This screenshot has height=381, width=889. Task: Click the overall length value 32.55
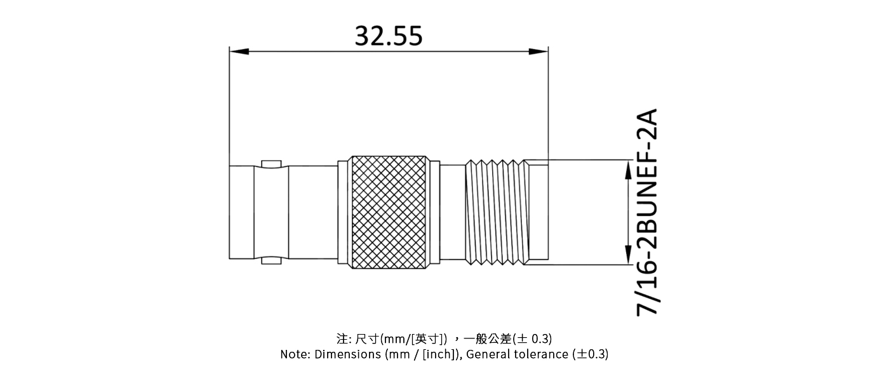(388, 36)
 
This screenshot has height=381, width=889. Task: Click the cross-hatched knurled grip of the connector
(389, 212)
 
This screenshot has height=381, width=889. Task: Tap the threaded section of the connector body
(497, 212)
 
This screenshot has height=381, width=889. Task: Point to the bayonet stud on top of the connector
(271, 163)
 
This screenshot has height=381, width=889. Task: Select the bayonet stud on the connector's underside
(271, 261)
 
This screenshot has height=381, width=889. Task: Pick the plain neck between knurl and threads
(452, 212)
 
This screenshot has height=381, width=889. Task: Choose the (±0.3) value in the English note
(590, 354)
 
